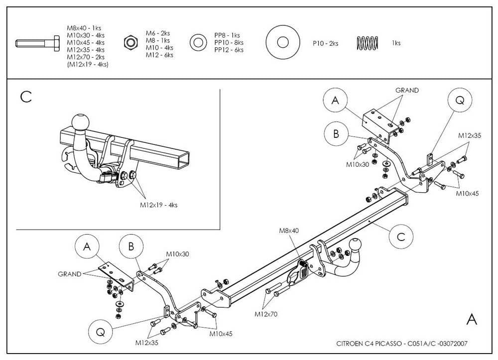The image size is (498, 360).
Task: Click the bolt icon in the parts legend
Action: click(37, 43)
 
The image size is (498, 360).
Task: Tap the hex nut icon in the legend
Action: click(130, 43)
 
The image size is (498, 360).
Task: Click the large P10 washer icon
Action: click(285, 43)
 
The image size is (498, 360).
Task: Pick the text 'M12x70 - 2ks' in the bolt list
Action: click(86, 57)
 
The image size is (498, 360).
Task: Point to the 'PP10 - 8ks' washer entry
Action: click(229, 43)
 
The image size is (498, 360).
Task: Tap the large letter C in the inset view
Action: click(26, 97)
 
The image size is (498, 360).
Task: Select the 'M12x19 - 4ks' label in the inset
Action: click(158, 205)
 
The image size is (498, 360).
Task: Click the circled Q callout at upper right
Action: click(459, 101)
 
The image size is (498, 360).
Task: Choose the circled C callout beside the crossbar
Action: click(400, 237)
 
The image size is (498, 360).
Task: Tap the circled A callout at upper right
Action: click(335, 101)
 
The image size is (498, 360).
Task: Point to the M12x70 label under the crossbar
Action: click(265, 314)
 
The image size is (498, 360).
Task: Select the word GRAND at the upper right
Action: click(407, 91)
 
